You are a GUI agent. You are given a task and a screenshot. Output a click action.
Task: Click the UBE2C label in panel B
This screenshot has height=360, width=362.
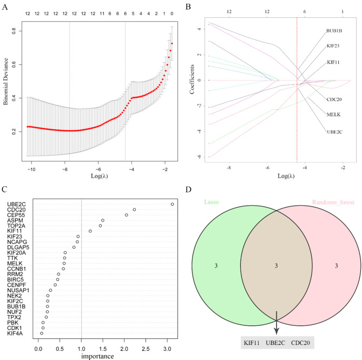click(x=334, y=132)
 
